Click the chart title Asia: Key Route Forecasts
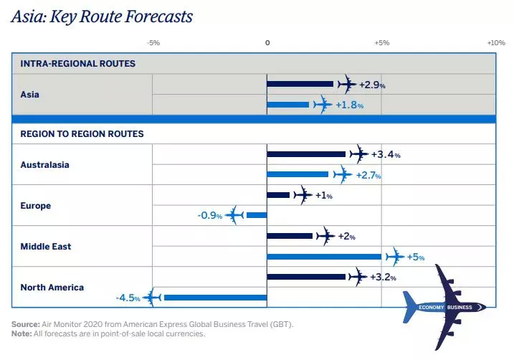(x=101, y=16)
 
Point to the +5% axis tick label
(x=381, y=43)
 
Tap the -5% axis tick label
(x=153, y=43)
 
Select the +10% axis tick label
(x=496, y=43)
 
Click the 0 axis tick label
(x=267, y=43)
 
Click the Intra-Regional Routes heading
(x=78, y=64)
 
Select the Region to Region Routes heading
(x=82, y=133)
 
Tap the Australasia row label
(x=44, y=164)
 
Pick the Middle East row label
(x=46, y=247)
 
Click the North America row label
(x=52, y=288)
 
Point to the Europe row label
(x=36, y=206)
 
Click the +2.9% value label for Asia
(x=372, y=85)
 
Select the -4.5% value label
(x=128, y=298)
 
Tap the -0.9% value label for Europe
(x=209, y=215)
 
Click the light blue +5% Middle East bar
(x=324, y=256)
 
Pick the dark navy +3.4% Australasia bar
(x=306, y=154)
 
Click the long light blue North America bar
(x=214, y=297)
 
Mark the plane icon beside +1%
(x=303, y=195)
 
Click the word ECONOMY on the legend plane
(x=432, y=308)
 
